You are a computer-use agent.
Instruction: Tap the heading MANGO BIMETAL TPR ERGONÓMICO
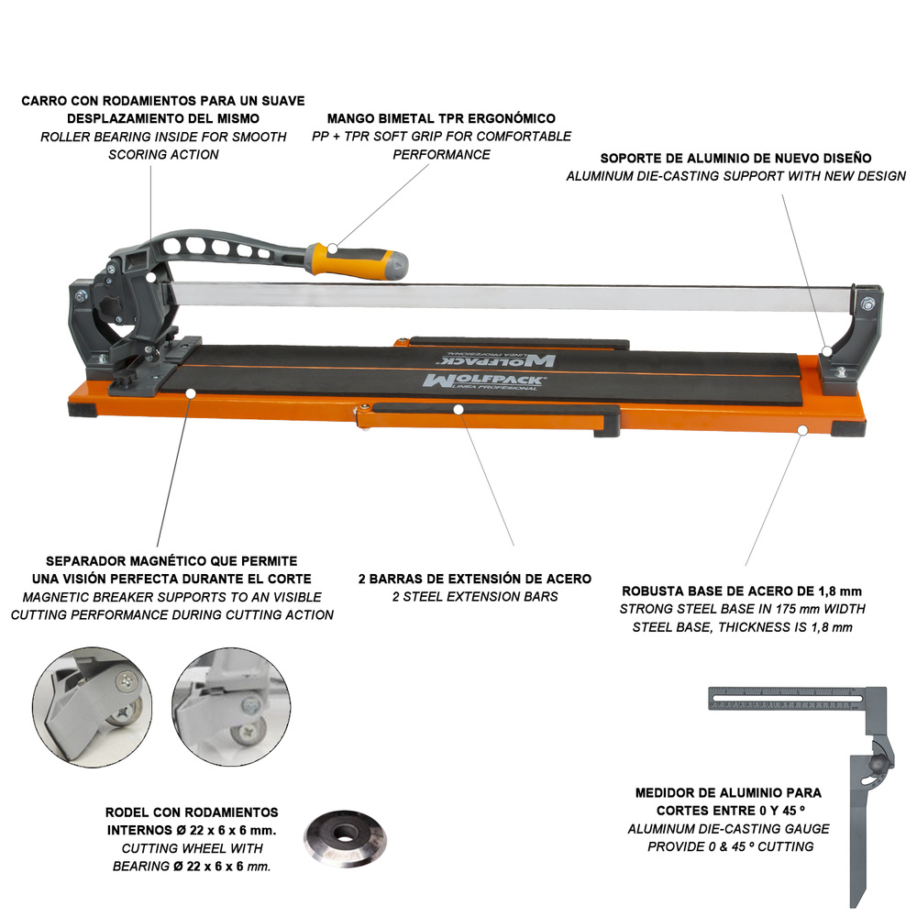[x=441, y=119]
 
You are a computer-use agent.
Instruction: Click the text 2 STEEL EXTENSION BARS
[x=474, y=597]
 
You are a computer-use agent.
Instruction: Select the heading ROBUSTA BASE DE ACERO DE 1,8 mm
[x=742, y=591]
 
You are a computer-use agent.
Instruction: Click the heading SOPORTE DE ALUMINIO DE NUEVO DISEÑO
[x=735, y=158]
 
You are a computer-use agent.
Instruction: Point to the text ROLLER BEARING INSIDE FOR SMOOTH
[x=163, y=137]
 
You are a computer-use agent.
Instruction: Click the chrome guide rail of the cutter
[x=514, y=294]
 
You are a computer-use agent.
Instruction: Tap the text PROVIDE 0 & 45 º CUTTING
[x=730, y=846]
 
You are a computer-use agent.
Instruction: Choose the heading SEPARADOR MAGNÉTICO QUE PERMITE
[x=171, y=560]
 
